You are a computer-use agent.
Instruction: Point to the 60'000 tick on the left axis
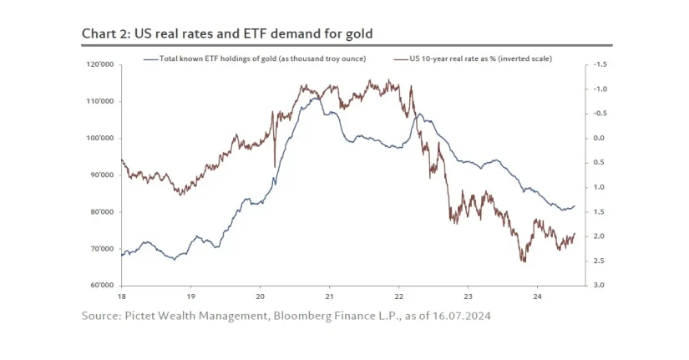[103, 286]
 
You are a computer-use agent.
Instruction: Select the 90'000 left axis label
[103, 175]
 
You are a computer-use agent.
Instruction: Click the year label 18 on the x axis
[121, 297]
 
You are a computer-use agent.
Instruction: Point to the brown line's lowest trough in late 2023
[524, 261]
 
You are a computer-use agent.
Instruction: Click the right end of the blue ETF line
[575, 205]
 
